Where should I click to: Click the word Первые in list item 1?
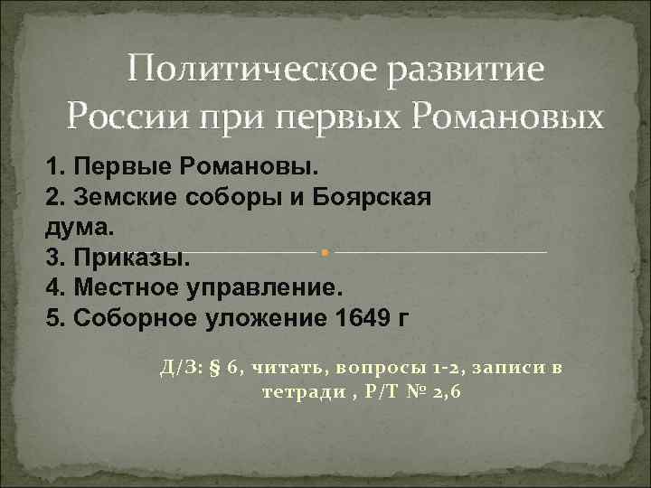click(122, 167)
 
